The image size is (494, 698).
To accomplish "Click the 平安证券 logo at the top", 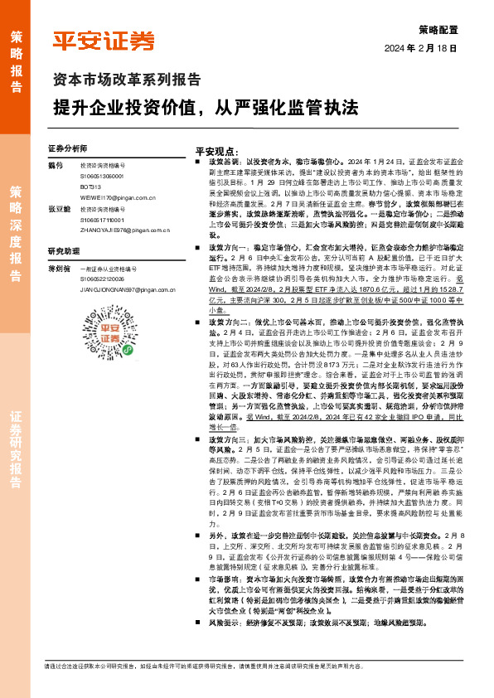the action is [x=104, y=41].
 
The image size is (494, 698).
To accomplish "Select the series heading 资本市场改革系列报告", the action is [x=126, y=80].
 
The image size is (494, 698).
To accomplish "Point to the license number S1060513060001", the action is [x=102, y=177].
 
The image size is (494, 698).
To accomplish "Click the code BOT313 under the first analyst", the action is [x=90, y=188].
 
